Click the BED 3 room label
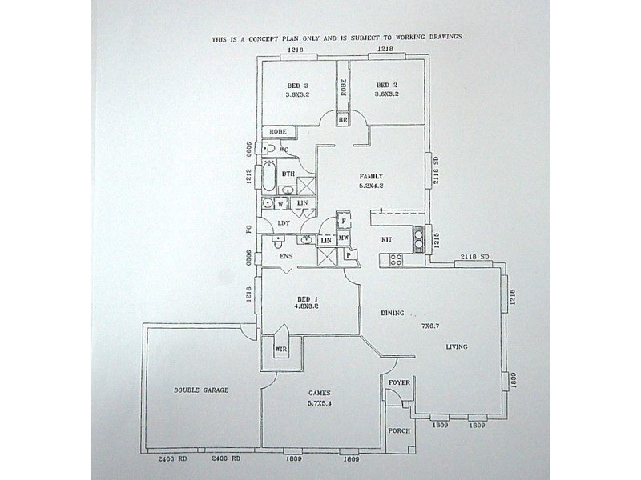pyautogui.click(x=297, y=86)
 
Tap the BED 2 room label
pyautogui.click(x=387, y=86)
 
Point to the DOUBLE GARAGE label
pyautogui.click(x=201, y=390)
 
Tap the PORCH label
pyautogui.click(x=398, y=430)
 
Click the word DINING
pyautogui.click(x=393, y=313)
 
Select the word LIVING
pyautogui.click(x=457, y=346)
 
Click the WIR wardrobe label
pyautogui.click(x=280, y=350)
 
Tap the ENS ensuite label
pyautogui.click(x=286, y=257)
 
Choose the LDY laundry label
pyautogui.click(x=283, y=223)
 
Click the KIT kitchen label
pyautogui.click(x=386, y=238)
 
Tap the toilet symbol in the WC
pyautogui.click(x=270, y=150)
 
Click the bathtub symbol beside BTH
pyautogui.click(x=266, y=175)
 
